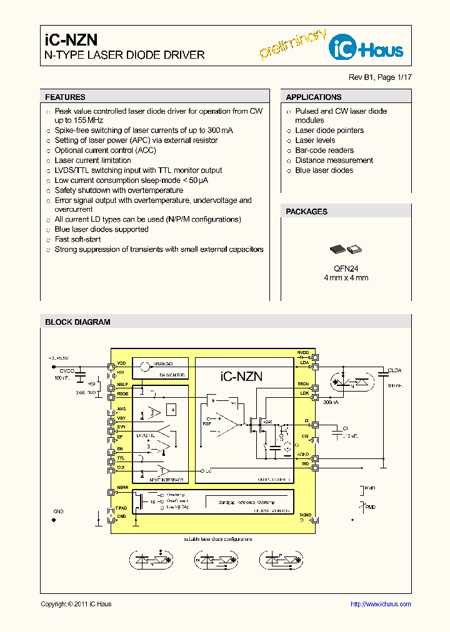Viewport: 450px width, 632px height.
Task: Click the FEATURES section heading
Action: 65,97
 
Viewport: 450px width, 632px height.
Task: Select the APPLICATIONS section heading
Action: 313,97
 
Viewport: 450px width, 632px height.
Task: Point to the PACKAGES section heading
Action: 306,212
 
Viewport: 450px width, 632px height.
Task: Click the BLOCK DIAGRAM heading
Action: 77,322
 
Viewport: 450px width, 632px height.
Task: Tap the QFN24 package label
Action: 345,268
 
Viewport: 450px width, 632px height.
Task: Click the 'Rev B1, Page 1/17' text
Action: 380,77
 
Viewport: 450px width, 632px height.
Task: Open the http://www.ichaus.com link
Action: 381,604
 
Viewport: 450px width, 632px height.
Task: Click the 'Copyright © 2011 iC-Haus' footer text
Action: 76,604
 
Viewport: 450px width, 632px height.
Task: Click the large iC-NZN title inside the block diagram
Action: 241,376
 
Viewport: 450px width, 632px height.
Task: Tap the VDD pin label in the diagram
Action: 121,363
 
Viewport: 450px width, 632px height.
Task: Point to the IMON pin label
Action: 303,384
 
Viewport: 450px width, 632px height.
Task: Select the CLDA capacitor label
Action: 394,370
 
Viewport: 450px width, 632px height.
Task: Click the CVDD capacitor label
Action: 66,370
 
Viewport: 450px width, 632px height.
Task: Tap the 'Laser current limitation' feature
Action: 92,160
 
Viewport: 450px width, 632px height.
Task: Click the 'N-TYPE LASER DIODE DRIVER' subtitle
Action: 124,55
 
